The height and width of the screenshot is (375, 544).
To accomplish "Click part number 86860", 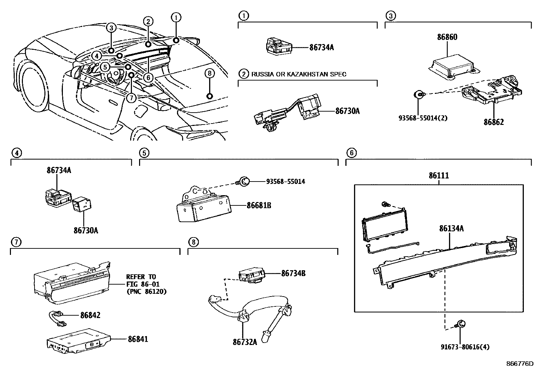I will pos(447,37).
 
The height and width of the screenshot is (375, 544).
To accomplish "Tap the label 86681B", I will pos(259,205).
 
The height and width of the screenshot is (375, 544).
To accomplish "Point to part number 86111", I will pos(439,176).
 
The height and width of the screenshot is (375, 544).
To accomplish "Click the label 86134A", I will pos(451,228).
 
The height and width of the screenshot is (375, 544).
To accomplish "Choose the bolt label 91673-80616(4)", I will pos(465,347).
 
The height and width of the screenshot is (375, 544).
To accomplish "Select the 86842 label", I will pos(90,315).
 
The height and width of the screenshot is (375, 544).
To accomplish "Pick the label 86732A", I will pos(245,342).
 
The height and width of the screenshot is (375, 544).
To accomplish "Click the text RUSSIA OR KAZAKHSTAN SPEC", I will pos(299,74).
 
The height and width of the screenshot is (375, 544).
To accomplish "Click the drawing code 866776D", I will pos(520,364).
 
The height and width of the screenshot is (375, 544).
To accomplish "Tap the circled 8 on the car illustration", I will pos(210,73).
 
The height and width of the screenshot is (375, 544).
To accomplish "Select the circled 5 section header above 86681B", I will pos(144,153).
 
